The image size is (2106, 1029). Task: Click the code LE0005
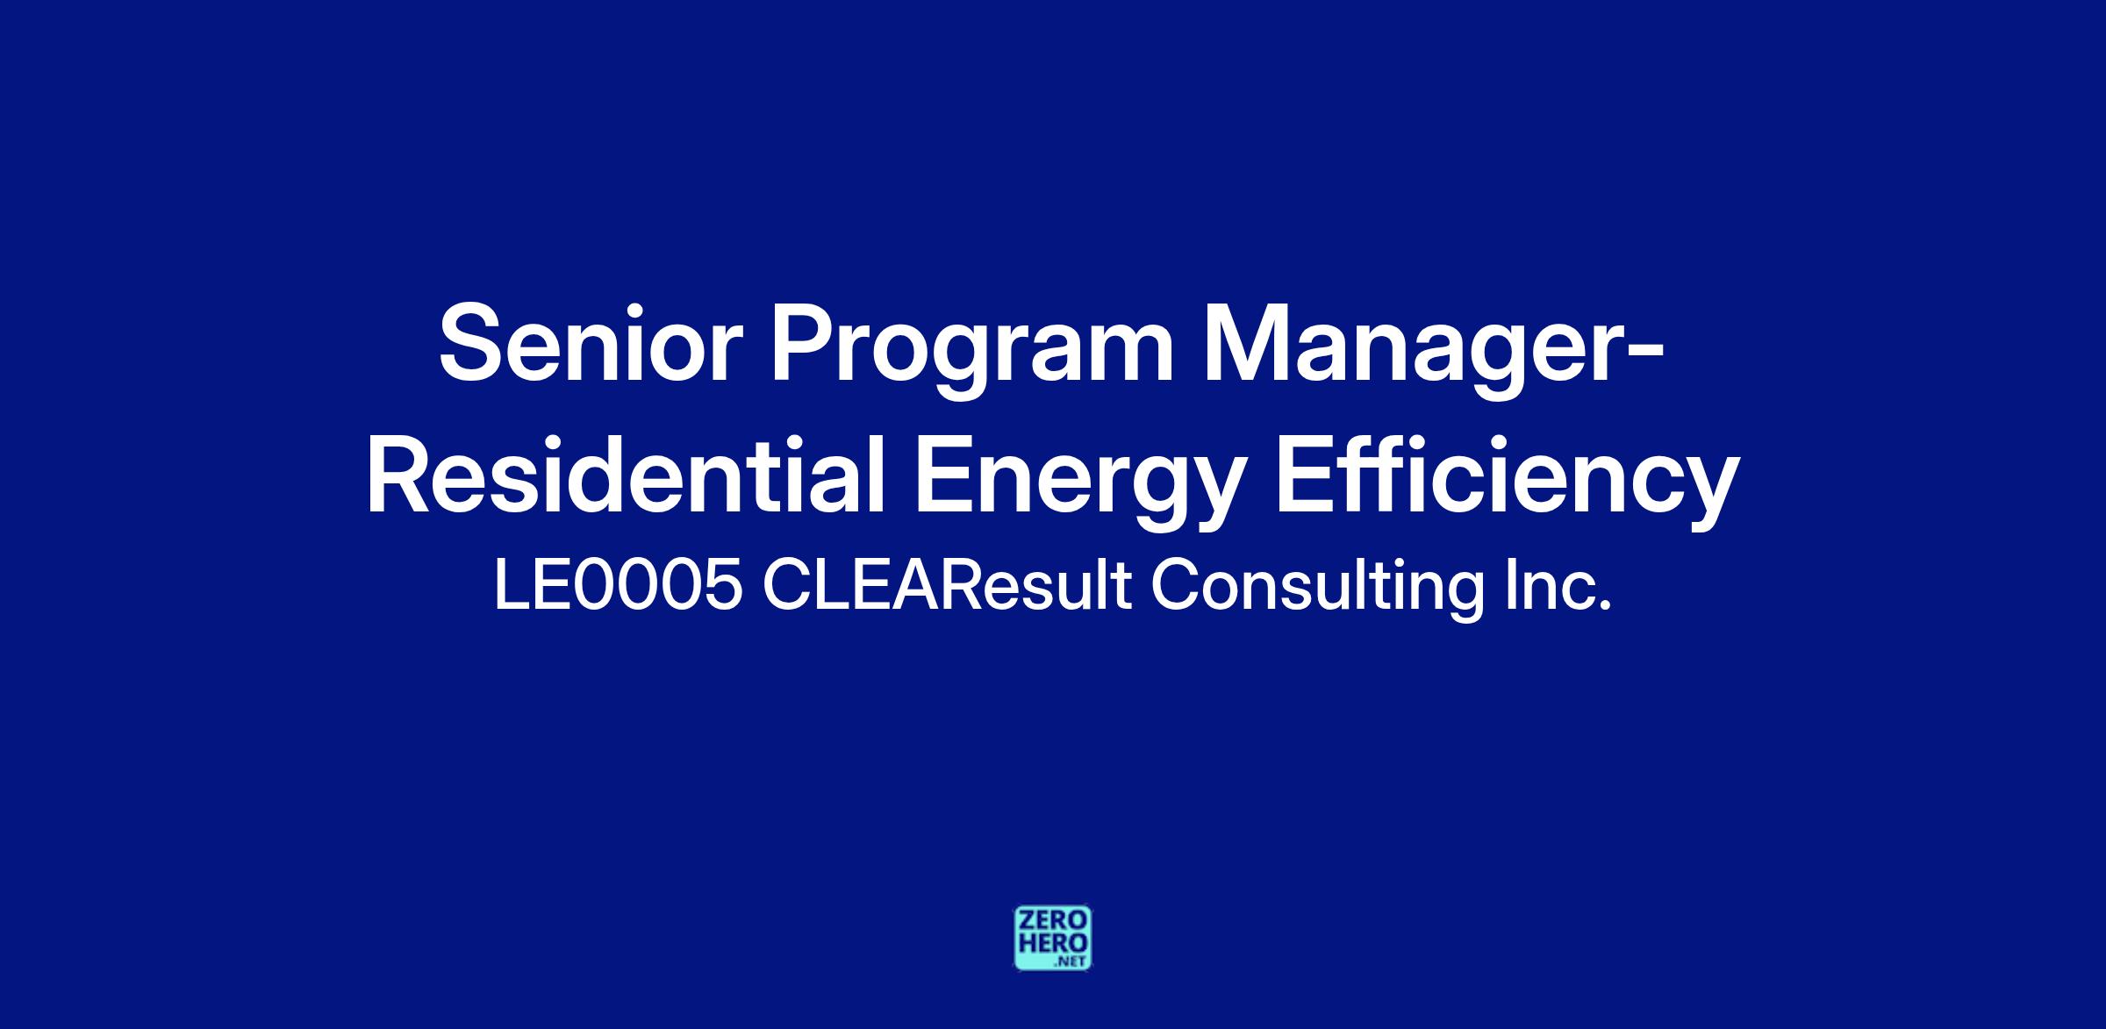(x=619, y=586)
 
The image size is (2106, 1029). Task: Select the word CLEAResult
(x=946, y=586)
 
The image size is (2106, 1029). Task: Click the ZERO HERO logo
(x=1053, y=938)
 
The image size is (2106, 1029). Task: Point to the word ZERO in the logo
(x=1053, y=921)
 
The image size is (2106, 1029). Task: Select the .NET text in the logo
(x=1072, y=961)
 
